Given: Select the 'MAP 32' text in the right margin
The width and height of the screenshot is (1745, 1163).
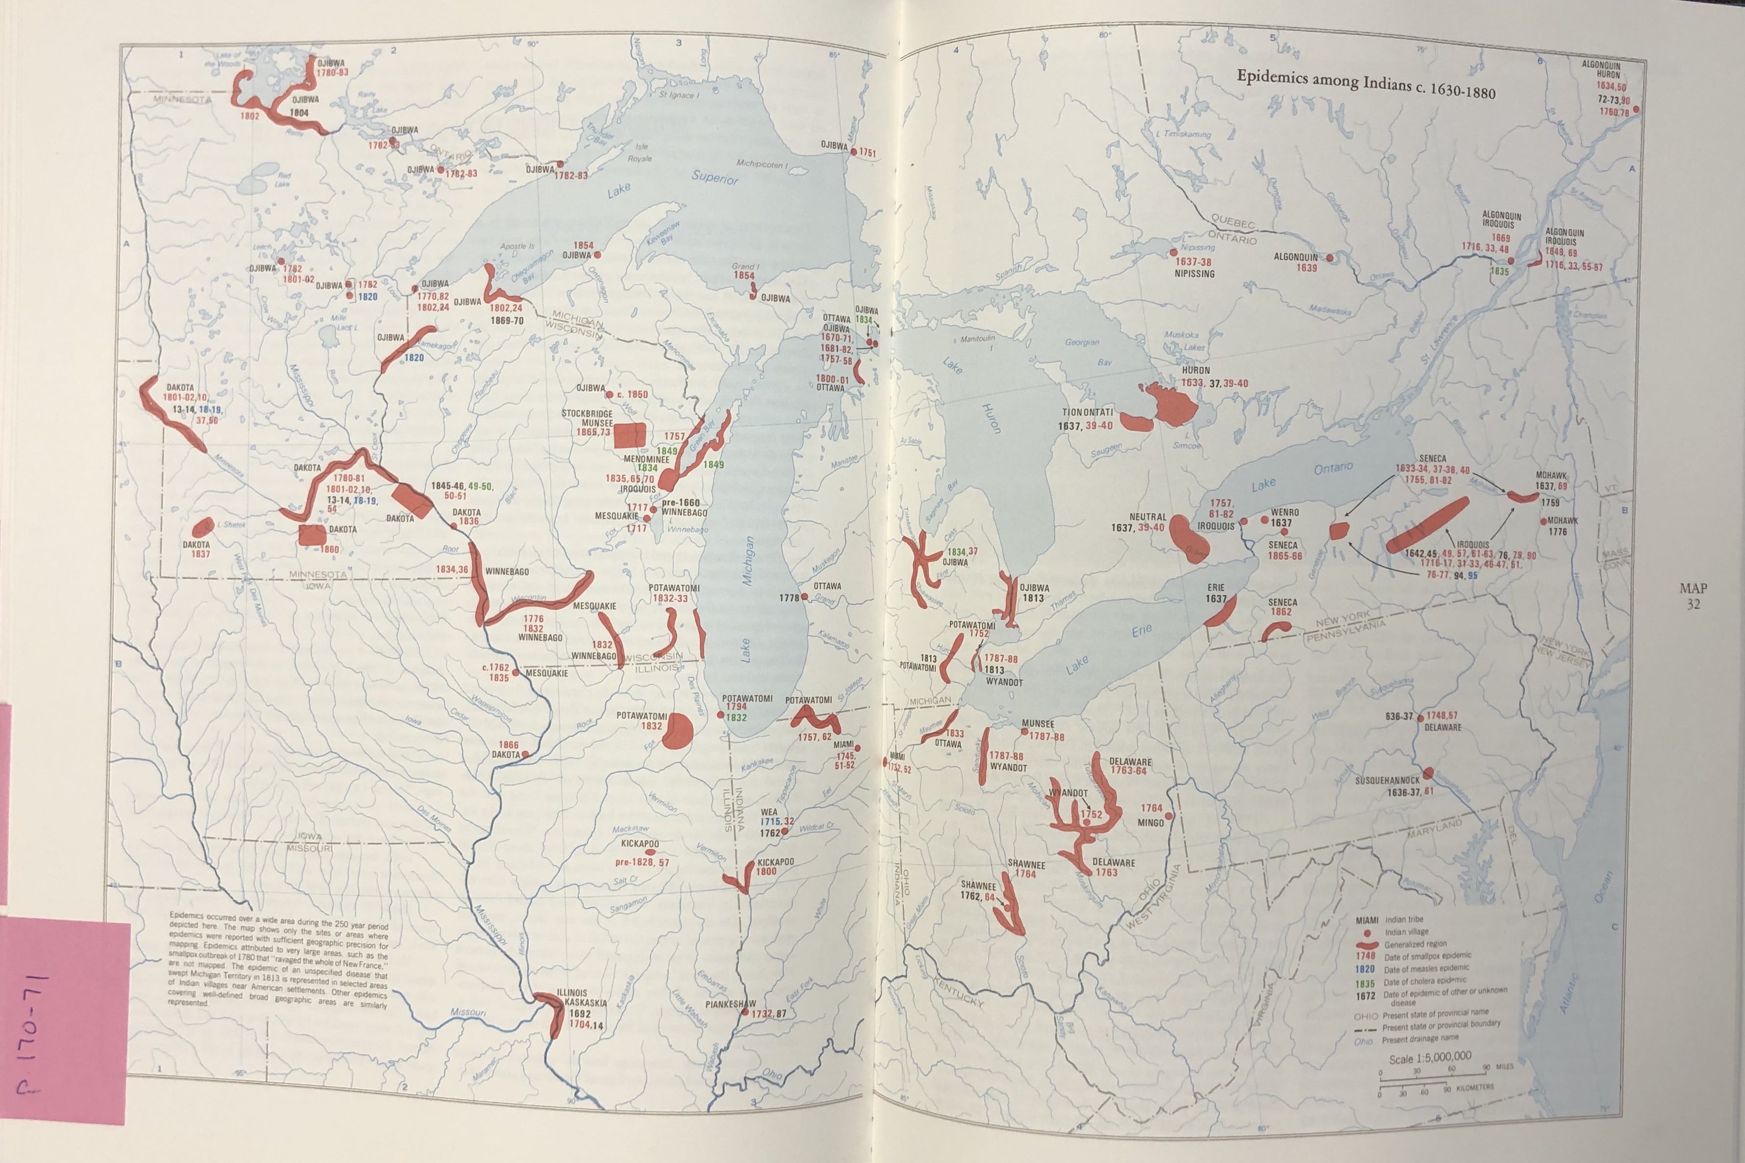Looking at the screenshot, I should (x=1693, y=595).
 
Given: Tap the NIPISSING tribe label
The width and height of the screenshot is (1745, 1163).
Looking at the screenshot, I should (x=1194, y=274).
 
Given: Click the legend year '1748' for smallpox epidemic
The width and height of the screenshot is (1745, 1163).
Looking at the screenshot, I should (x=1365, y=956).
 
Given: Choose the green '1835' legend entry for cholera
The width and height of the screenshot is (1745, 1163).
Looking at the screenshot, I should (x=1365, y=983).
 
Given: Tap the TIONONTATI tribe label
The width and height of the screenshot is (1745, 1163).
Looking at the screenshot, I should (x=1087, y=412).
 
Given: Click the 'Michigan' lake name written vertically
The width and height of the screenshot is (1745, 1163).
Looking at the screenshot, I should (x=748, y=562).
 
